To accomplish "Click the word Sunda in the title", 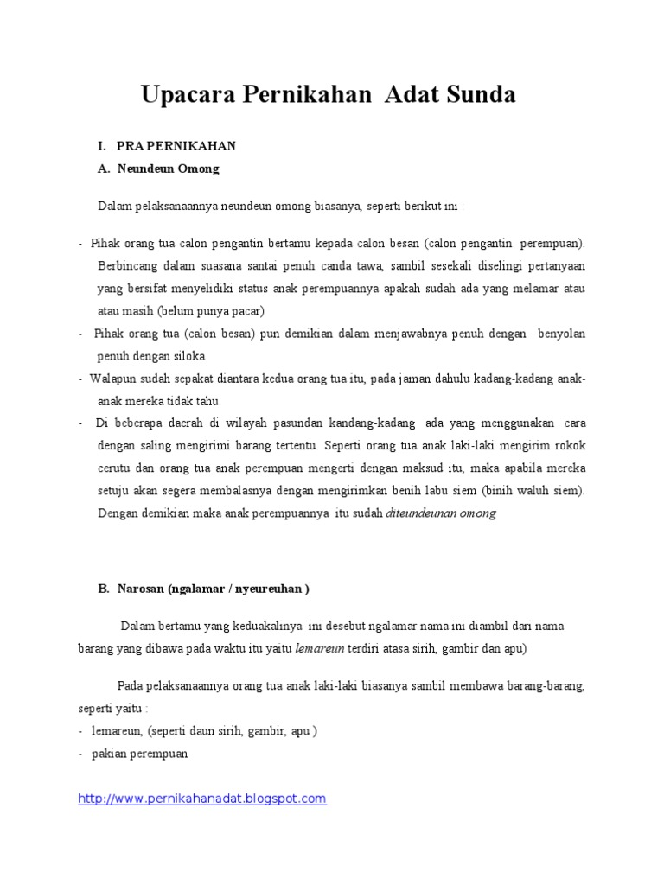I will tap(478, 95).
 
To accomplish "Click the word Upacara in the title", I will tap(185, 95).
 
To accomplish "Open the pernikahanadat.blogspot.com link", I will tap(202, 799).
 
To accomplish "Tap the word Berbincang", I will tap(125, 265).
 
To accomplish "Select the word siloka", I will tap(188, 355).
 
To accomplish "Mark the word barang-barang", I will tap(548, 685).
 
